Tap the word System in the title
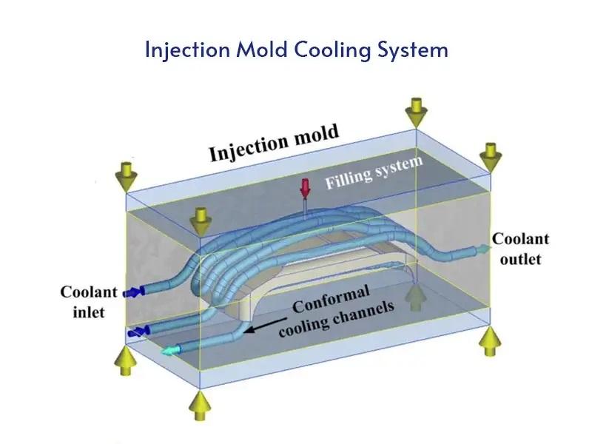(x=411, y=50)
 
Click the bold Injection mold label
(x=274, y=143)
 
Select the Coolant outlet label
(x=521, y=249)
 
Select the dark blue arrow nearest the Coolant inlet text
(x=135, y=292)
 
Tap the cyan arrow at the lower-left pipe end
(x=171, y=351)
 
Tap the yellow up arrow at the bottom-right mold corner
(x=489, y=341)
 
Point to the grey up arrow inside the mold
(x=417, y=297)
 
